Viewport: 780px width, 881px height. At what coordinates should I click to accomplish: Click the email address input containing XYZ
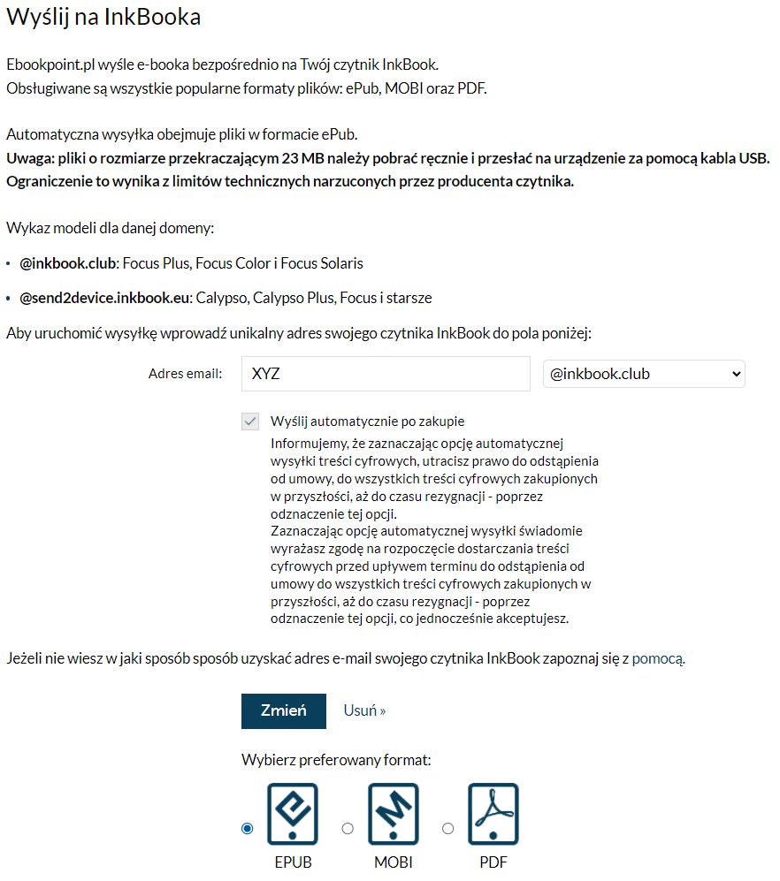pyautogui.click(x=385, y=374)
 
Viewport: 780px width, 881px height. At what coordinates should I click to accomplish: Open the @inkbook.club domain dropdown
pyautogui.click(x=644, y=374)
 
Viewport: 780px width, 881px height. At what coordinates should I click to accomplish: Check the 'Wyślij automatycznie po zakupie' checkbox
pyautogui.click(x=250, y=422)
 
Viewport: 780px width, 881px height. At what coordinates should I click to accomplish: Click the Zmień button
pyautogui.click(x=283, y=710)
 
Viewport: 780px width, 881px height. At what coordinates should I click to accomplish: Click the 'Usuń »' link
pyautogui.click(x=364, y=710)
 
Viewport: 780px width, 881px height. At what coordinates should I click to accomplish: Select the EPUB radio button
pyautogui.click(x=248, y=828)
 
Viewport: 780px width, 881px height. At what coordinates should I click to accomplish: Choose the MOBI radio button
pyautogui.click(x=348, y=828)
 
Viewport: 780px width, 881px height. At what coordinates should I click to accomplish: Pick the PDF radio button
pyautogui.click(x=448, y=828)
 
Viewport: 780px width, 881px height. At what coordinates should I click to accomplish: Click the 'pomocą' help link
pyautogui.click(x=657, y=658)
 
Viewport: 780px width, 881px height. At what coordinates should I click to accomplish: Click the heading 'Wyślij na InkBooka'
pyautogui.click(x=103, y=17)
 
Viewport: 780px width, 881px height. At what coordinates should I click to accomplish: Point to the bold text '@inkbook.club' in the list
pyautogui.click(x=68, y=263)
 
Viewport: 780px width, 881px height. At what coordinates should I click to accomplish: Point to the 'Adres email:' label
pyautogui.click(x=186, y=374)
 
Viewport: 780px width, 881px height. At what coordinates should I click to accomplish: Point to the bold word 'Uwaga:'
pyautogui.click(x=30, y=158)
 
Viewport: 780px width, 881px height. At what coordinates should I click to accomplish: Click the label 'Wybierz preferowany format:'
pyautogui.click(x=336, y=759)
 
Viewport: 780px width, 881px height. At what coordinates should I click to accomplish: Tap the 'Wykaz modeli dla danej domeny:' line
pyautogui.click(x=110, y=229)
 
